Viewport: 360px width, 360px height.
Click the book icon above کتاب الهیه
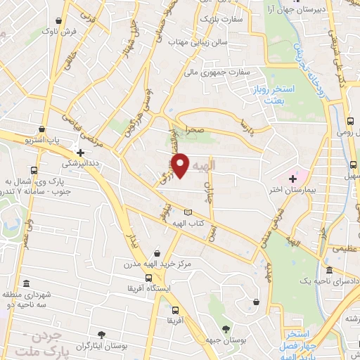click(x=187, y=212)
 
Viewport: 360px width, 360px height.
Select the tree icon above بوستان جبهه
click(x=226, y=329)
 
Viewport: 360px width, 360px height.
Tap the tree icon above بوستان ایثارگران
click(x=103, y=335)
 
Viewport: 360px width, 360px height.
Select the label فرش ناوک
click(x=60, y=32)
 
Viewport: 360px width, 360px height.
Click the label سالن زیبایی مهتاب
click(x=197, y=42)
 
